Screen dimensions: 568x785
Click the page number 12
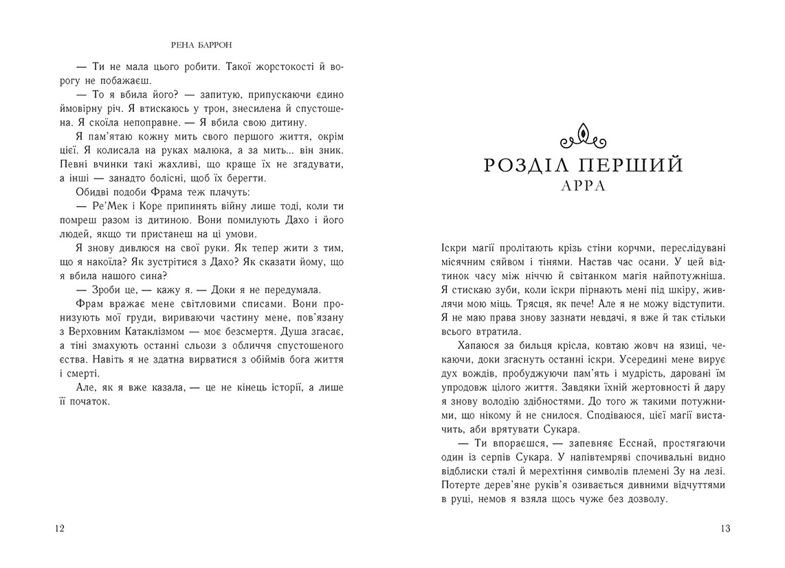tap(58, 528)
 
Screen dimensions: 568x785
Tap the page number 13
tap(726, 528)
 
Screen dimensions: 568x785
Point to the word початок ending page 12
tap(89, 403)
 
